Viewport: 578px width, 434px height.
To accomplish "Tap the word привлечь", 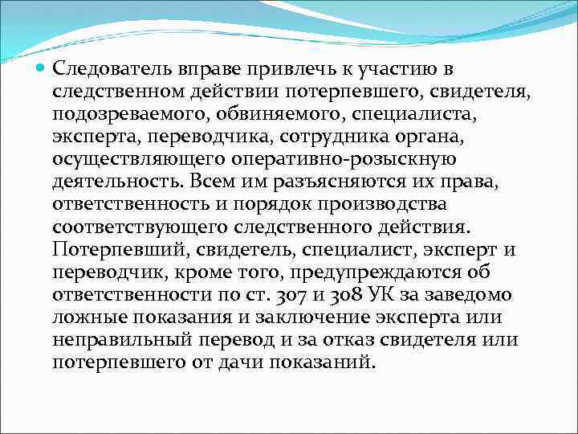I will click(x=273, y=70).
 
